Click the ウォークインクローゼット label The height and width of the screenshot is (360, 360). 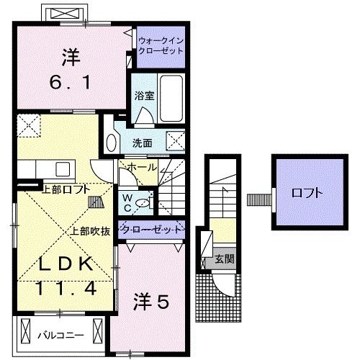coord(161,47)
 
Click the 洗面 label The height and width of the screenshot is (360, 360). coord(142,143)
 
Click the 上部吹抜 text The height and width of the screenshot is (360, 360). coord(90,232)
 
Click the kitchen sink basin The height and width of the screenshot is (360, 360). coord(60,169)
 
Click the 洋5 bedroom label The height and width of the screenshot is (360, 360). coord(151,303)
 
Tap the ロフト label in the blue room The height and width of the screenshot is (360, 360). coord(306,193)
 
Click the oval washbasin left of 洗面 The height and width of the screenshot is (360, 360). coord(110,141)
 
